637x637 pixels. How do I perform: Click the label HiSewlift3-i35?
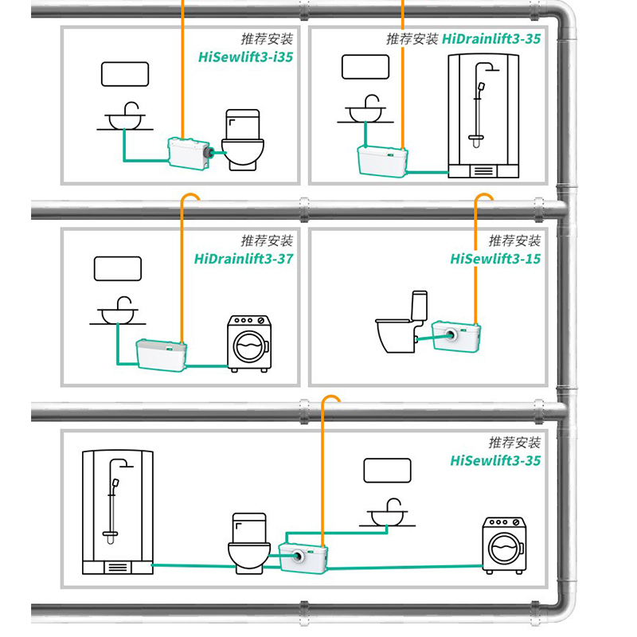point(247,57)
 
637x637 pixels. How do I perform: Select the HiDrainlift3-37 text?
point(244,259)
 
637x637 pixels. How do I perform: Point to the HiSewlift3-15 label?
point(495,259)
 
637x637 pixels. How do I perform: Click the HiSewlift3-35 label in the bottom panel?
point(495,460)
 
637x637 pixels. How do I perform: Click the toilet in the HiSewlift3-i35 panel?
point(241,140)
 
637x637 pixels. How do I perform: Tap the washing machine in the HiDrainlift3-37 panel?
point(249,343)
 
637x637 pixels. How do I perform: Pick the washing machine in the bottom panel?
point(505,544)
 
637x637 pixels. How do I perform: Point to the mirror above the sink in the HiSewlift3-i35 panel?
point(125,74)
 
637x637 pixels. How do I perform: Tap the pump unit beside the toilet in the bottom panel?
point(304,551)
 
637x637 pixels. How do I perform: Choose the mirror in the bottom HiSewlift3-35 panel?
point(387,470)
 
